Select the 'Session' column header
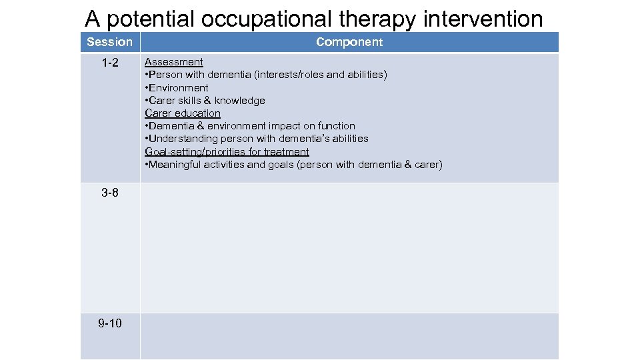[x=110, y=42]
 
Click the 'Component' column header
[x=349, y=42]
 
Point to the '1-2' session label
[x=110, y=63]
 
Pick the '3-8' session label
[x=110, y=193]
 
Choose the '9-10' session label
[x=110, y=323]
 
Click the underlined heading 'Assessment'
[x=174, y=62]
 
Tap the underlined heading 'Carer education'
[x=183, y=113]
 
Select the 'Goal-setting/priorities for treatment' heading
[x=227, y=152]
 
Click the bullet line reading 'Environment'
[x=178, y=88]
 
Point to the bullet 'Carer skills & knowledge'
[x=206, y=101]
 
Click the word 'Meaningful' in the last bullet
[x=175, y=165]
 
